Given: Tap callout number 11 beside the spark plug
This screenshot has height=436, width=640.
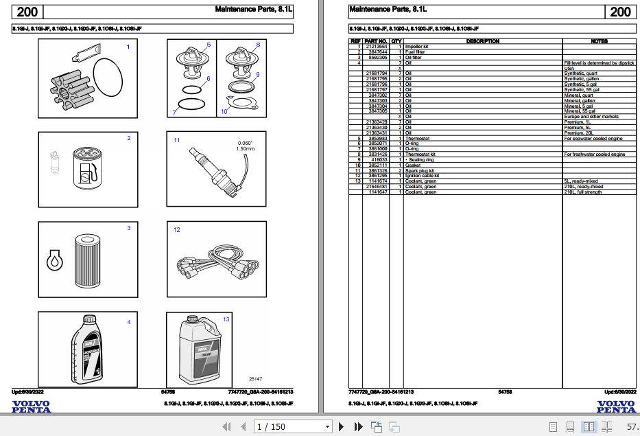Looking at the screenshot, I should tap(176, 140).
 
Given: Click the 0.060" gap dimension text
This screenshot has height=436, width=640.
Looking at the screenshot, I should tap(245, 143).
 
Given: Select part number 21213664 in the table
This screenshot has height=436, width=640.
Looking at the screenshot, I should tap(377, 47).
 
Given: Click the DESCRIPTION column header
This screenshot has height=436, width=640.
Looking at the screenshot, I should tap(483, 41).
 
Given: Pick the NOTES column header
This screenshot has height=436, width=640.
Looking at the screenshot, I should tap(598, 41).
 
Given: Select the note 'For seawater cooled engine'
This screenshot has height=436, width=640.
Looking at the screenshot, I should tap(593, 139).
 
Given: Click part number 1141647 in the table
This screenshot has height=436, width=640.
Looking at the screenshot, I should tap(377, 192).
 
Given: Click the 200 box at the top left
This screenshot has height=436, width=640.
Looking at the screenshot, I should tap(27, 12).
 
